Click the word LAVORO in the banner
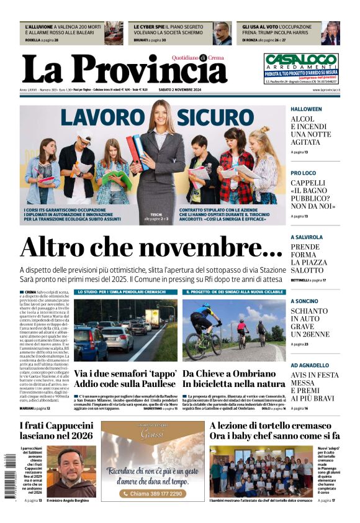pos(102,119)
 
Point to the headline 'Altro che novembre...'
pos(143,247)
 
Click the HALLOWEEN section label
pos(306,109)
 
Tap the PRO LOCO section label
pos(303,173)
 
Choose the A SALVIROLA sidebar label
pos(307,237)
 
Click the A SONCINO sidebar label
pos(304,301)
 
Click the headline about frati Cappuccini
pos(56,430)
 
